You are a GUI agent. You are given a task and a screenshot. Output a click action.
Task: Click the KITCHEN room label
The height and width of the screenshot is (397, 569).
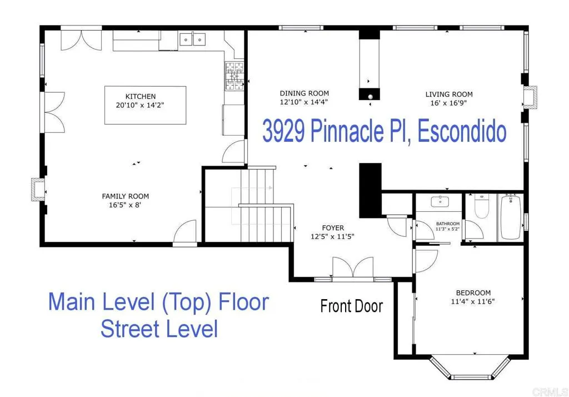(141, 96)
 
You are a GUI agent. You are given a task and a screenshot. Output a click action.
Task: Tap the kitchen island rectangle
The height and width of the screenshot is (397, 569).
(145, 105)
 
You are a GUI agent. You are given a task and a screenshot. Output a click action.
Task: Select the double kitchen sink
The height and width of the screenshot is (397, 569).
(192, 39)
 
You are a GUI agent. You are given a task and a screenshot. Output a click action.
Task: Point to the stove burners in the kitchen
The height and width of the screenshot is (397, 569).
(234, 76)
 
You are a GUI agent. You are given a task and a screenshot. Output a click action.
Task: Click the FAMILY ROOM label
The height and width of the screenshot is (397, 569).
(125, 196)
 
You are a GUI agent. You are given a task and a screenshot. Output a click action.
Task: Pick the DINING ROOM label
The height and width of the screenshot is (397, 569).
(304, 93)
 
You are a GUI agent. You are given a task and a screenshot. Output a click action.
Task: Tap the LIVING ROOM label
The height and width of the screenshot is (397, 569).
(449, 95)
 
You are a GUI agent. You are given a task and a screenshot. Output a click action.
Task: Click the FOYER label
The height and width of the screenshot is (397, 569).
(333, 228)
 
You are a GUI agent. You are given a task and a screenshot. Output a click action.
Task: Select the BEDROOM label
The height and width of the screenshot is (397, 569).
(473, 293)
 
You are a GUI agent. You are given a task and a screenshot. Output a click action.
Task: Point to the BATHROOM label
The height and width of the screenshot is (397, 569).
(448, 224)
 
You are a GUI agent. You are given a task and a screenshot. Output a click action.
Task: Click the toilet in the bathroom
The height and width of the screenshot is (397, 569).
(482, 206)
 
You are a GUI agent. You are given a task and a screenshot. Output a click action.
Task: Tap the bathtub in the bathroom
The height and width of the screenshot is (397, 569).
(511, 217)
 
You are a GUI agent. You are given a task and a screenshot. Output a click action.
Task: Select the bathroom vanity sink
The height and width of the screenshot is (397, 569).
(440, 201)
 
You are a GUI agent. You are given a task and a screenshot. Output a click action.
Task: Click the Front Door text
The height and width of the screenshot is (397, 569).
(351, 306)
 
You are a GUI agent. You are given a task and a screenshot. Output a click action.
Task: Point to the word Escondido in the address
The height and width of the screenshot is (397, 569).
(462, 131)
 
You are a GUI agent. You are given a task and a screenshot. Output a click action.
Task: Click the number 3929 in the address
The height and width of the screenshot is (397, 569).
(283, 131)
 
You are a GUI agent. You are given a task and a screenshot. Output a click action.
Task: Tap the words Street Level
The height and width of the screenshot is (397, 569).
(159, 329)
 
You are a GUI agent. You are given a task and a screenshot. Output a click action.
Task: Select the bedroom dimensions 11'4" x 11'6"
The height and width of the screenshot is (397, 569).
(472, 301)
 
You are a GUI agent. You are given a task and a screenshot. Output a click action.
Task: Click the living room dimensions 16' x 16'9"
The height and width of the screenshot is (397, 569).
(448, 103)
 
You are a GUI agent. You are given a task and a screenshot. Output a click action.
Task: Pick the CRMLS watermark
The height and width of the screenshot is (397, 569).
(550, 392)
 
